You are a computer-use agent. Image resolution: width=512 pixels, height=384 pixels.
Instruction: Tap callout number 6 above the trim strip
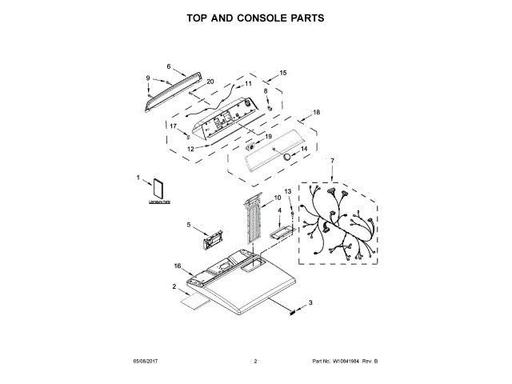point(169,66)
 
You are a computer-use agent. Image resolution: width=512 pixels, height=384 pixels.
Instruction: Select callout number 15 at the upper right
point(282,73)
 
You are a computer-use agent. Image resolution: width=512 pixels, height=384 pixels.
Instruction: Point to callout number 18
point(316,113)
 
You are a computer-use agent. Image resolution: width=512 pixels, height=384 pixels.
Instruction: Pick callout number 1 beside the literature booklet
point(138,178)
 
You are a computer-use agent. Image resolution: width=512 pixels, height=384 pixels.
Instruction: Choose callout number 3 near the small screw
point(310,302)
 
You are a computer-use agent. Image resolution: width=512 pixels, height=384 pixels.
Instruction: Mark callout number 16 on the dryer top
point(178,266)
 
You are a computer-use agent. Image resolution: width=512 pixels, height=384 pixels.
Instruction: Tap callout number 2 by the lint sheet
point(174,286)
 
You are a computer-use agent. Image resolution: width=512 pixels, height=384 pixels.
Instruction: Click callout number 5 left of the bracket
point(189,225)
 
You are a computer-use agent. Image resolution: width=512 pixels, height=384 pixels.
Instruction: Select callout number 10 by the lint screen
point(278,197)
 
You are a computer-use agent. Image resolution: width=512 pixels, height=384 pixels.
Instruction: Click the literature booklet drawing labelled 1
point(155,190)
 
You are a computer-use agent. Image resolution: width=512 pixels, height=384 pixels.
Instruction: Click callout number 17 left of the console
point(173,126)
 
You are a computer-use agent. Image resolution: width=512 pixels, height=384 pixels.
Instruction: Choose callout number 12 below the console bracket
point(191,148)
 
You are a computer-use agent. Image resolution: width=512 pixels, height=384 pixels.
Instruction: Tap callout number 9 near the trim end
point(148,77)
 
